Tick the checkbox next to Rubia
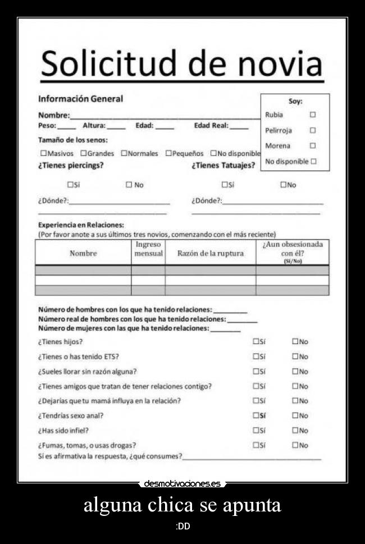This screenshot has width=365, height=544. (x=313, y=115)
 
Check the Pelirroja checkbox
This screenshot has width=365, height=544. (x=313, y=130)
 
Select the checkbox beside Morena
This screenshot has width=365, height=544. (x=313, y=145)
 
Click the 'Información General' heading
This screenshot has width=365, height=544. (x=80, y=99)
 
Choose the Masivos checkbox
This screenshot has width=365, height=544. (x=43, y=153)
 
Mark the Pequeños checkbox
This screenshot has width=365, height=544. (x=168, y=153)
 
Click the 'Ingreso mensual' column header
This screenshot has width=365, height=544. (x=148, y=249)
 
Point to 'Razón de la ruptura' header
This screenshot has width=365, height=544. (x=211, y=253)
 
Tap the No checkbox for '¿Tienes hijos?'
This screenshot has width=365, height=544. (x=295, y=341)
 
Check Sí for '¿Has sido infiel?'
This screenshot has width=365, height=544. (x=256, y=431)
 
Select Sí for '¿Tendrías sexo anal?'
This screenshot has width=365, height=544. (x=256, y=416)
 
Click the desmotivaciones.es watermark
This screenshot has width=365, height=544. (x=182, y=483)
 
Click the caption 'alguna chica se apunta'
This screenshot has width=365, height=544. (x=182, y=505)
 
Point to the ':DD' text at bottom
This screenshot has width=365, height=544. (x=182, y=526)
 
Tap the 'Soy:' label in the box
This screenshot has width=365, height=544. (x=295, y=102)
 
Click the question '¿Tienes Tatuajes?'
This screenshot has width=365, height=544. (x=223, y=166)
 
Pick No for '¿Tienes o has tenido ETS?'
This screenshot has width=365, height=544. (x=295, y=356)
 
